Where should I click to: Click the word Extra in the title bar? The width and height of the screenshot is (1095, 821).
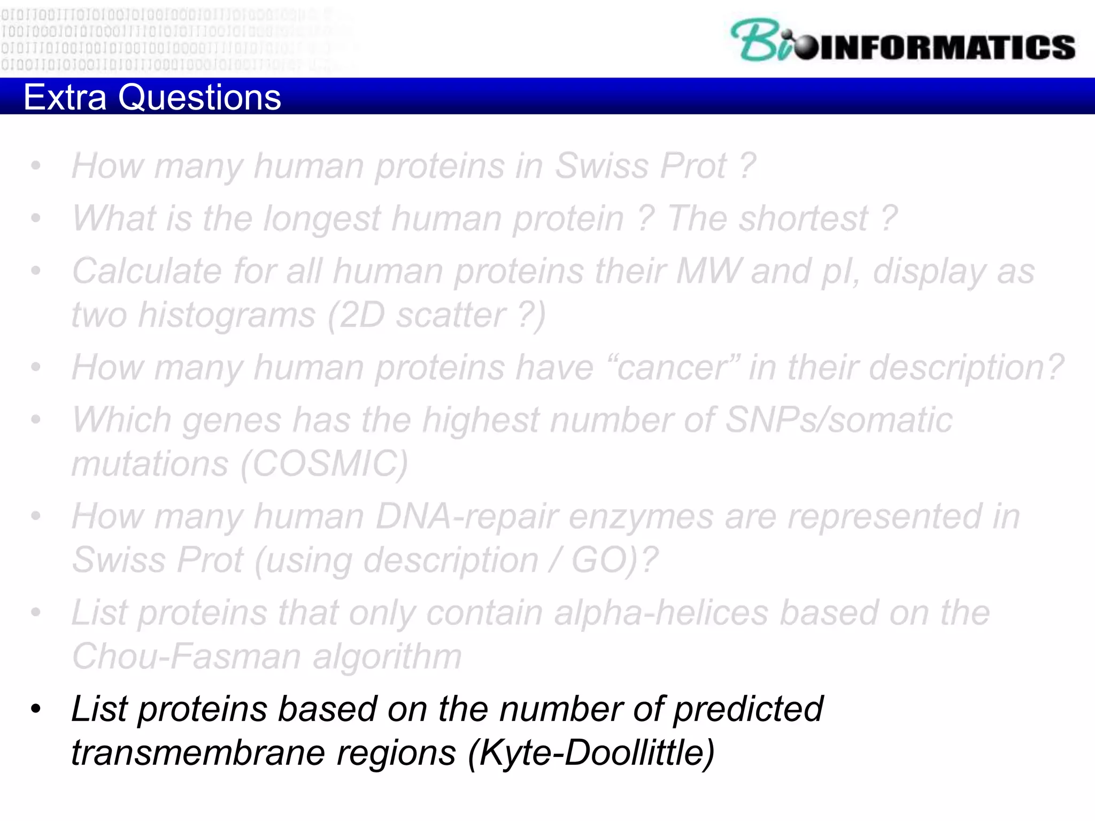[x=65, y=97]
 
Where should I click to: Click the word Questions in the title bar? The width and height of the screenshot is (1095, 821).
[x=199, y=97]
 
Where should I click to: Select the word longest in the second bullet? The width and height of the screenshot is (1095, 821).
[x=322, y=219]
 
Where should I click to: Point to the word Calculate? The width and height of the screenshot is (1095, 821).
[x=146, y=272]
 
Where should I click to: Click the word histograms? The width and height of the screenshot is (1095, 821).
[x=227, y=315]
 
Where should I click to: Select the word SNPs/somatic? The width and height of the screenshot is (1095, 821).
[x=838, y=420]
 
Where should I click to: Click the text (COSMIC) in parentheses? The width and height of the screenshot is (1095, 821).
[x=324, y=463]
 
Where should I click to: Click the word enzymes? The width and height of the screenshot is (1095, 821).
[x=641, y=517]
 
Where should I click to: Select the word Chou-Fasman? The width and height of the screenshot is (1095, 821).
[x=187, y=656]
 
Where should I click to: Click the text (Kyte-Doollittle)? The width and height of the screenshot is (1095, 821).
[x=591, y=753]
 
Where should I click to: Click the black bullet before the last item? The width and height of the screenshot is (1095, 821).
[x=36, y=710]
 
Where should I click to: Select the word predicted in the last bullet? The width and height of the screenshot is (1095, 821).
[x=747, y=710]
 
